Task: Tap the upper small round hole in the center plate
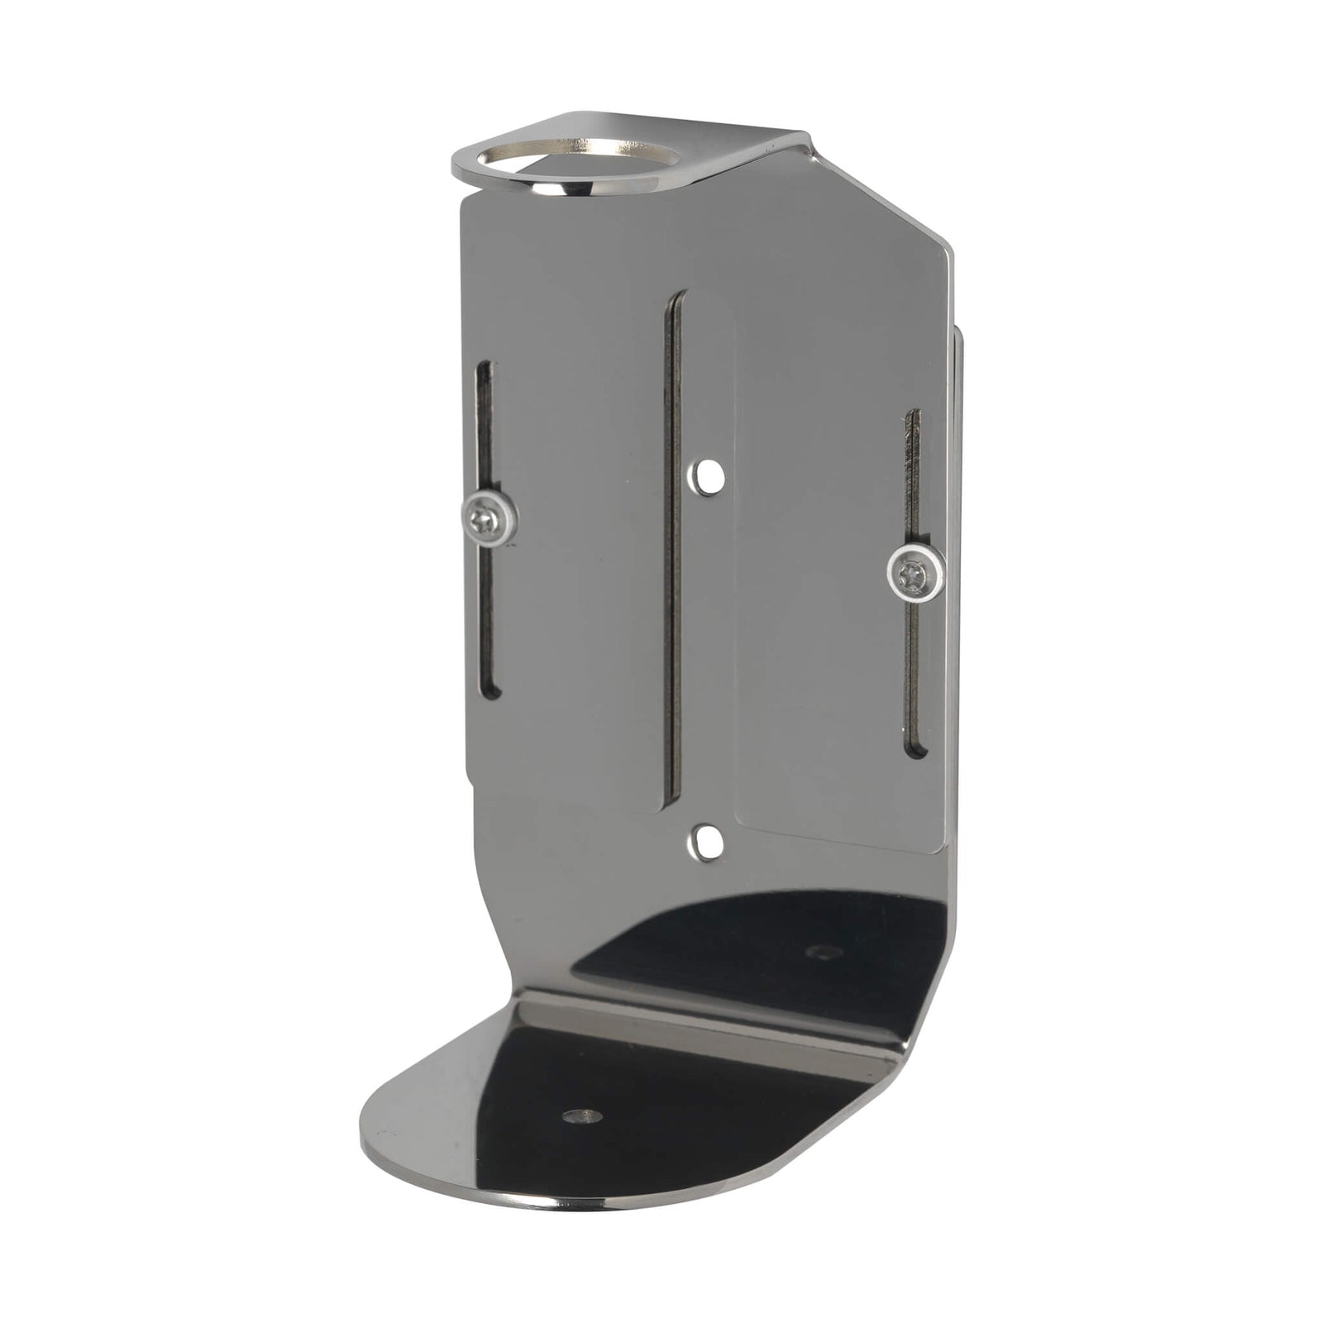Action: [705, 477]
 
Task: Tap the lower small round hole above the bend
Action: [704, 842]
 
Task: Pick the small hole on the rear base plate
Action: [823, 953]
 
